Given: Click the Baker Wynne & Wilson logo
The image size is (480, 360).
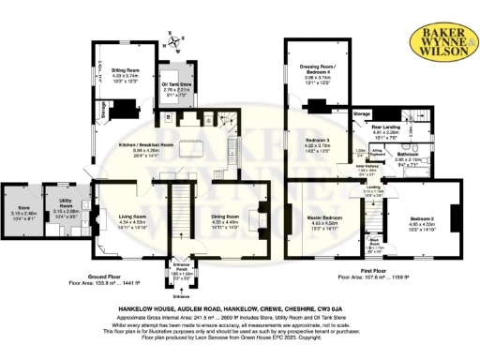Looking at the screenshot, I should pyautogui.click(x=438, y=42).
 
